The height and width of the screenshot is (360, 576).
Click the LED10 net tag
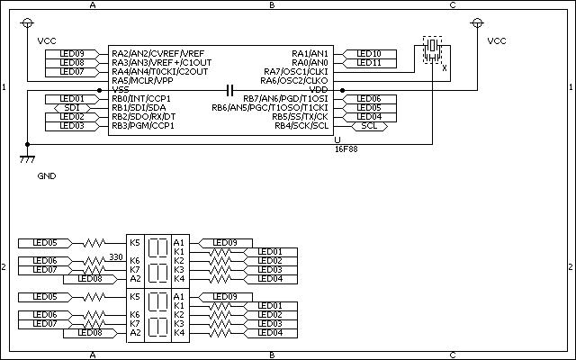coord(369,54)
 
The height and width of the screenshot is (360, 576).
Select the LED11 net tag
coord(369,63)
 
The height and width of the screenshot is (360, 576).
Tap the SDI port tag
coord(72,108)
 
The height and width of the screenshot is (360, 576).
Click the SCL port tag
coord(369,126)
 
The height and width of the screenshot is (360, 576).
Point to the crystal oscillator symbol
coord(432,50)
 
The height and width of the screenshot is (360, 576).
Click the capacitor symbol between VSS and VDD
coord(230,90)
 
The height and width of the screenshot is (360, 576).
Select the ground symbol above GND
coord(27,159)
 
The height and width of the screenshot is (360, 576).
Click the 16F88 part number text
coord(346,149)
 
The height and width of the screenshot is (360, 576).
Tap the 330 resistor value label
coord(116,257)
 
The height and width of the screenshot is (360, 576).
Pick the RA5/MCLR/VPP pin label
coord(142,81)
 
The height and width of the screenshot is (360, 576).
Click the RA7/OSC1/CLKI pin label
coord(296,72)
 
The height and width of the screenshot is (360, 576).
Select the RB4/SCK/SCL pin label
coord(301,126)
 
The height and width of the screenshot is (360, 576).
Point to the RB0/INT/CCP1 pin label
coord(141,99)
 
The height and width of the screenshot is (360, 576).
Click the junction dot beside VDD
coord(342,90)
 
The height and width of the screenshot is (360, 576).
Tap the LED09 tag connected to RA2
coord(72,54)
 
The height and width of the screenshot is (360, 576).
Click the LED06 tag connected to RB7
coord(369,99)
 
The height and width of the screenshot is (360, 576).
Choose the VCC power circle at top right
coord(477,23)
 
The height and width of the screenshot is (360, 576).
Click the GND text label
coord(47,176)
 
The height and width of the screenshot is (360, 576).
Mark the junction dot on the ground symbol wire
coord(27,144)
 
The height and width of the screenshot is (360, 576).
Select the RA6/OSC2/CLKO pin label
coord(294,81)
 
